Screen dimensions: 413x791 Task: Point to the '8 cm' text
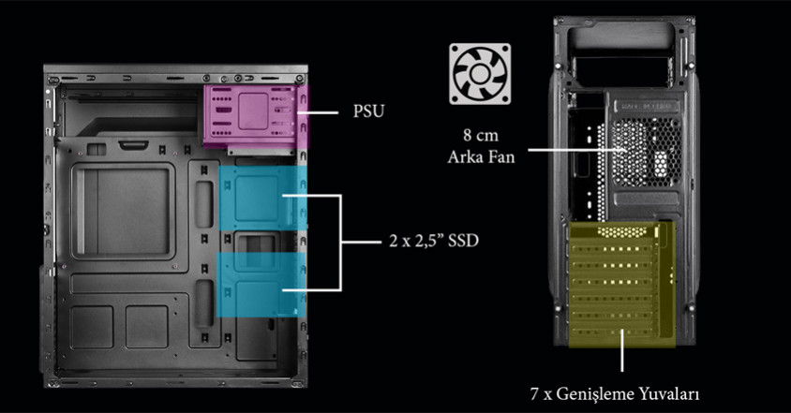tap(480, 134)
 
